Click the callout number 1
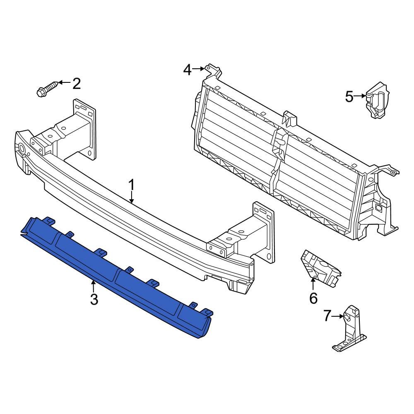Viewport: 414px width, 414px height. (132, 185)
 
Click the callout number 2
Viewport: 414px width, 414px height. (77, 84)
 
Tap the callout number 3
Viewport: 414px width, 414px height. (94, 299)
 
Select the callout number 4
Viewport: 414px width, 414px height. (188, 70)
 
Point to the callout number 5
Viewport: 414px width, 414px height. (349, 97)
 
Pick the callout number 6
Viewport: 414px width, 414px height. (313, 297)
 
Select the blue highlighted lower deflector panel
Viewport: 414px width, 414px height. (116, 273)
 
